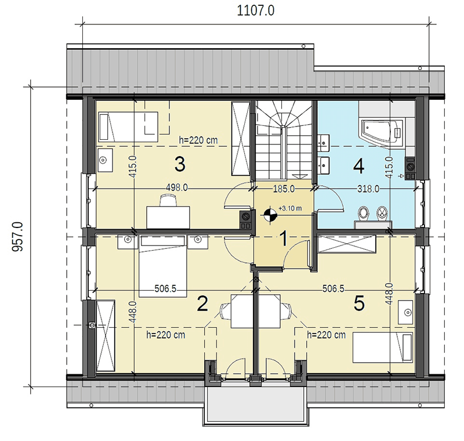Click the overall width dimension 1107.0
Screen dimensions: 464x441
256,10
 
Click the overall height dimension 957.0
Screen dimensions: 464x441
17,237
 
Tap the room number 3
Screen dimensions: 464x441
180,164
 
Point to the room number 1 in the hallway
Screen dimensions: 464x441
284,238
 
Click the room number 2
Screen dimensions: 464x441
202,303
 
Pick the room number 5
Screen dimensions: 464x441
359,303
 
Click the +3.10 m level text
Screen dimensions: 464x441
290,208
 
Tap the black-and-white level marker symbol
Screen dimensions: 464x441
270,215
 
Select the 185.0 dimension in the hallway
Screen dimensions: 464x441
284,189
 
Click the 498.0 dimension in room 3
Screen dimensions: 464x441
177,187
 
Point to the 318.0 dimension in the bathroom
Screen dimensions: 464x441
368,189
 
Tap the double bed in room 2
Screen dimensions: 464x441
163,266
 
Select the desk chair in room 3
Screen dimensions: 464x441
168,200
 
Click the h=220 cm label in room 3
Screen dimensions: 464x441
198,140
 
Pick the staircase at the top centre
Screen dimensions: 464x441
284,140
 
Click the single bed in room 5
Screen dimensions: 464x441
383,348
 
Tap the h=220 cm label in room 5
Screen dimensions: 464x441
326,335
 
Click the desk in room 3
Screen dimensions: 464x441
168,218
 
